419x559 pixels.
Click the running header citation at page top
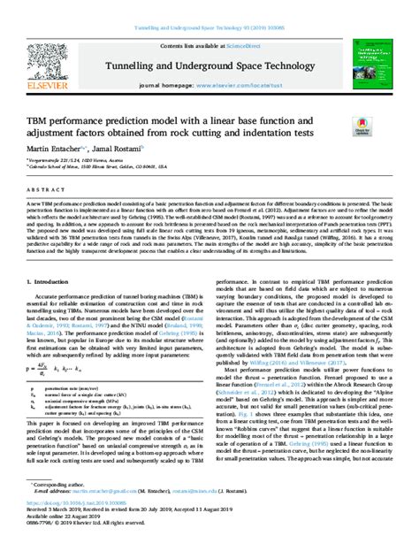pyautogui.click(x=209, y=5)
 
